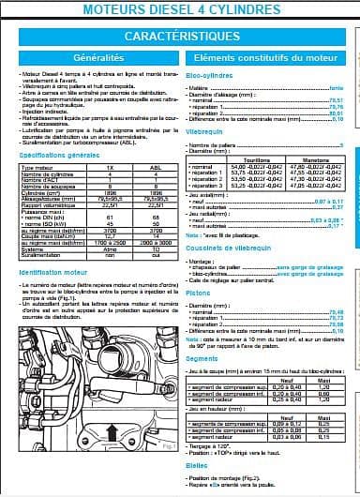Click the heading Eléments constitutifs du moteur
click(x=269, y=58)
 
